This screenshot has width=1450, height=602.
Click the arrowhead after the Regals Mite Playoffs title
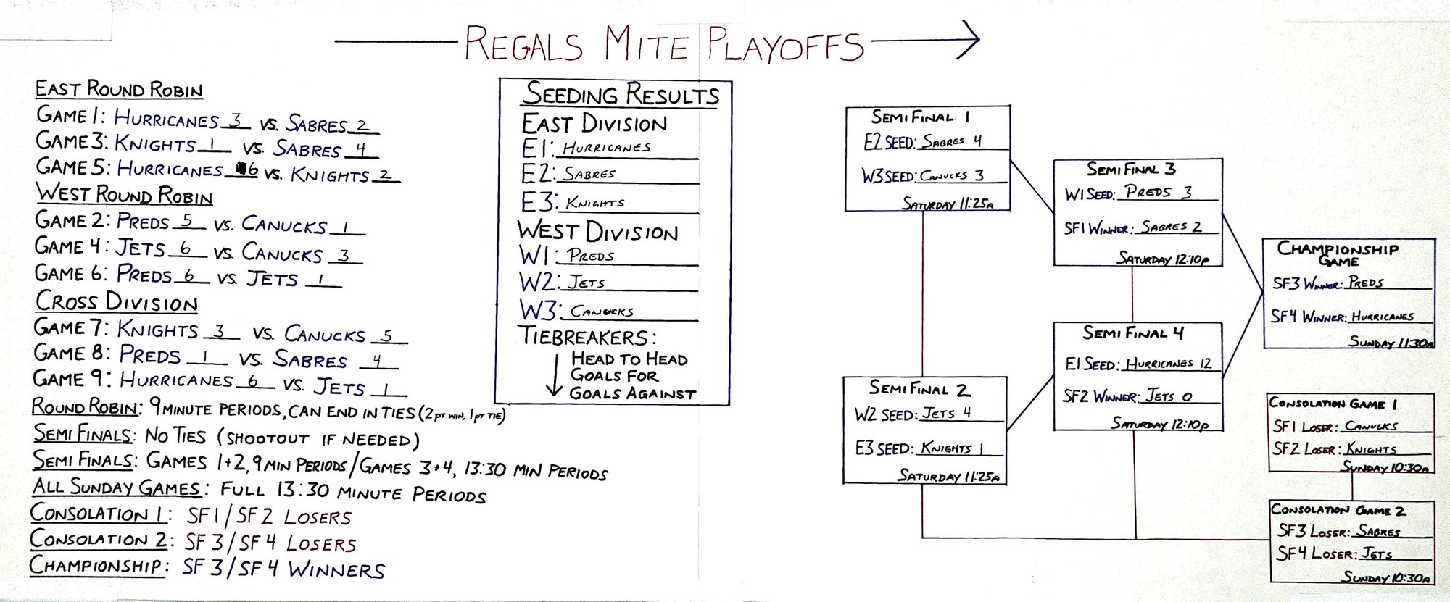point(968,41)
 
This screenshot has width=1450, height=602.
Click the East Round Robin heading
point(119,90)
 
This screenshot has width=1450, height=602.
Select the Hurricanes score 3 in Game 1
point(234,120)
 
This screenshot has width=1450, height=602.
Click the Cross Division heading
point(117,301)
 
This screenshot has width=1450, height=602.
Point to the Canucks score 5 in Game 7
point(387,335)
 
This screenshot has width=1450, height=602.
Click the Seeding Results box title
point(621,95)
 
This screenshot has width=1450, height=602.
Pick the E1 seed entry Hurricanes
point(607,148)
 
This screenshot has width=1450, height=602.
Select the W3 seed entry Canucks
point(602,312)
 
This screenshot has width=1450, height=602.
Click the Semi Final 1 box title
point(920,117)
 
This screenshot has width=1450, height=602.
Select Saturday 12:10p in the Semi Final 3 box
point(1162,258)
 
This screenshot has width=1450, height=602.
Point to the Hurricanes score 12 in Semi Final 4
point(1205,363)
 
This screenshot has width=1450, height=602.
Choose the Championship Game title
point(1338,253)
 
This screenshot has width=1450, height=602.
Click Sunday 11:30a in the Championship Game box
point(1391,342)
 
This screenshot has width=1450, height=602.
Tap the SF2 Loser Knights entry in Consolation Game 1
point(1371,449)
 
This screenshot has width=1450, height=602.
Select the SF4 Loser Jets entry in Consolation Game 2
point(1376,554)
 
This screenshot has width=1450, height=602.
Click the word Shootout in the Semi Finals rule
point(275,439)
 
